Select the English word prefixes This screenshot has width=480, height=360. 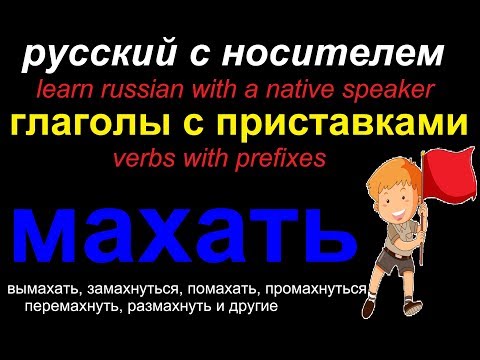pyautogui.click(x=283, y=157)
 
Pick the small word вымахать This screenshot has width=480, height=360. pyautogui.click(x=42, y=289)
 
